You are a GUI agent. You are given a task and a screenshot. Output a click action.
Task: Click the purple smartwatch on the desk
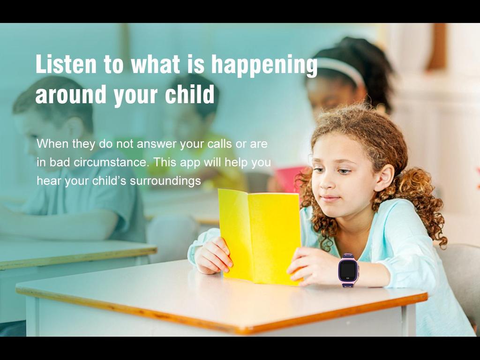(x=348, y=270)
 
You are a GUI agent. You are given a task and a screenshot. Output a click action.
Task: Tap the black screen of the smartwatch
(x=348, y=270)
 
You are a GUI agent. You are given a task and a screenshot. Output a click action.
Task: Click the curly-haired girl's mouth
(x=330, y=198)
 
